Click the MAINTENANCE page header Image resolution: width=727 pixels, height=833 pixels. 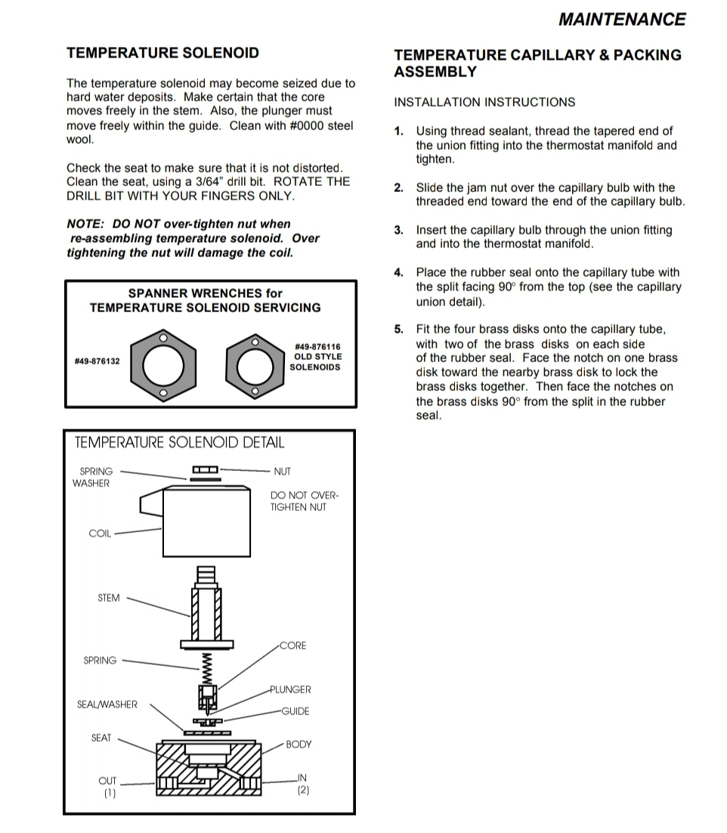[x=621, y=20]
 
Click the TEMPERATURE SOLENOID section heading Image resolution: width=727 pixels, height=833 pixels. [x=162, y=53]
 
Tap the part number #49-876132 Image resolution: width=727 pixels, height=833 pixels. [x=96, y=362]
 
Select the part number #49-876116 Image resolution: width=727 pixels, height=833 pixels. [x=317, y=347]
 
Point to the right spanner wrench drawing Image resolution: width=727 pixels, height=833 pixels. [x=255, y=366]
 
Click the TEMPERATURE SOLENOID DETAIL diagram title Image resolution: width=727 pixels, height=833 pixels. [x=179, y=443]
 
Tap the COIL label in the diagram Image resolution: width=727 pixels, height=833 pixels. [x=100, y=534]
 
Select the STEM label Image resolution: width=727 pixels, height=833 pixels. [x=108, y=598]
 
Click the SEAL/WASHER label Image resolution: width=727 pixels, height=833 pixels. [x=107, y=704]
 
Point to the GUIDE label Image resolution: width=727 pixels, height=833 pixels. [x=295, y=711]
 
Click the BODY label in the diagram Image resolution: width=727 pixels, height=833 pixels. [x=299, y=745]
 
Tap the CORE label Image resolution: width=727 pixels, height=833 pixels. [x=293, y=646]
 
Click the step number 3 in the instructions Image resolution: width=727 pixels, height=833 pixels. [x=398, y=231]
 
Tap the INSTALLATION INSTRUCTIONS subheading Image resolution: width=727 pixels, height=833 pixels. [x=484, y=103]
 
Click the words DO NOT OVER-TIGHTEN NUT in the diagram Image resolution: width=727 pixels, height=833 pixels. [x=305, y=501]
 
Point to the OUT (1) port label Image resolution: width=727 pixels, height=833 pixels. [x=109, y=787]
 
